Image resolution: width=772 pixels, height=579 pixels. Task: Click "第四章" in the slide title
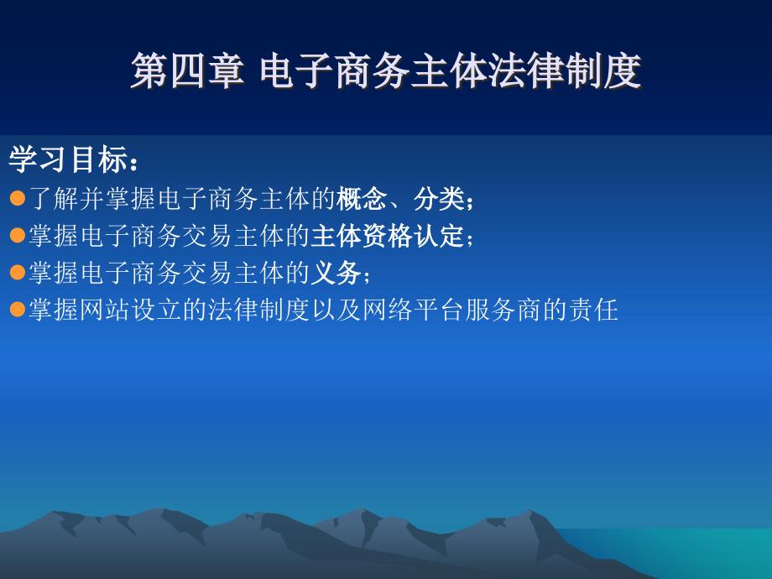tap(187, 71)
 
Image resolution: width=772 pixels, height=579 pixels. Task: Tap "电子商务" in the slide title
tap(335, 71)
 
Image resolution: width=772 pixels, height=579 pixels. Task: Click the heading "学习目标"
tap(68, 159)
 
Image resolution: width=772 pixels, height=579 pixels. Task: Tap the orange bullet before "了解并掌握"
tap(18, 198)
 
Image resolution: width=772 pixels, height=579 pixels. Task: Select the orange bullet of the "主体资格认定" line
tap(18, 235)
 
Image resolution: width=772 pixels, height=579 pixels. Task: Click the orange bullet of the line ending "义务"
tap(18, 272)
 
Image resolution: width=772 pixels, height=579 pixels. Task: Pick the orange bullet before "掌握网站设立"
tap(18, 309)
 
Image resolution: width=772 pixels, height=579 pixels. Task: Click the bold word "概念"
tap(362, 199)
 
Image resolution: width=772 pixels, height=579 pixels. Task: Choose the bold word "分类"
tap(438, 199)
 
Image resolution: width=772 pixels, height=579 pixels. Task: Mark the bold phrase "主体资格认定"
tap(387, 236)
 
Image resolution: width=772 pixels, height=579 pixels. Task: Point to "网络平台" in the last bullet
tap(413, 310)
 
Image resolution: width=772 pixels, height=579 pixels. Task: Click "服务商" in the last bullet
tap(503, 310)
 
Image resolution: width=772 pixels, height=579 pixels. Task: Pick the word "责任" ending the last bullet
tap(592, 310)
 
